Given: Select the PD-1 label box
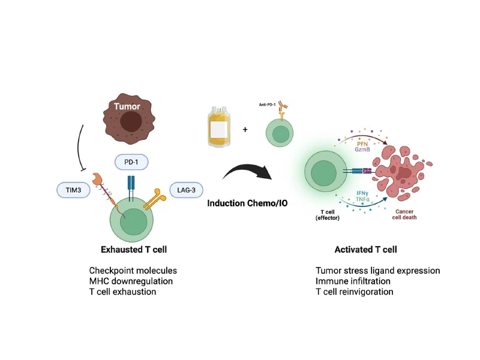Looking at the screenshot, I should point(131,162).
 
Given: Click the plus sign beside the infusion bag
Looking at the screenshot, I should point(245,130).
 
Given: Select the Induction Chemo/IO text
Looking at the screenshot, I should point(247,203).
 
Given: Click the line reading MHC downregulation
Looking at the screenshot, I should point(131,281).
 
